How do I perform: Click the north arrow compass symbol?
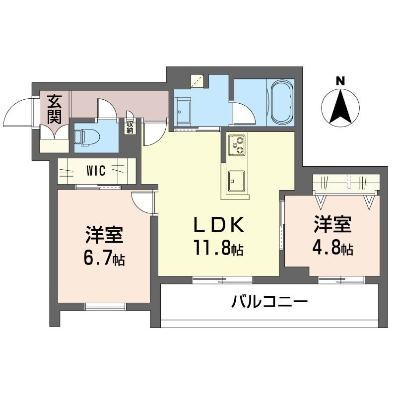(340, 107)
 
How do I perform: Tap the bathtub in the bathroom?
(281, 103)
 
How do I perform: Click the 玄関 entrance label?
(55, 110)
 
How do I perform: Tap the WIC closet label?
(95, 171)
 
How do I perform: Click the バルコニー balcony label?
(270, 302)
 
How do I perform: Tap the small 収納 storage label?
(130, 127)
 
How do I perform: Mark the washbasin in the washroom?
(185, 108)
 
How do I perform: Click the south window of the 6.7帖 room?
(104, 306)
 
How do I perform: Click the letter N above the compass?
(340, 80)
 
